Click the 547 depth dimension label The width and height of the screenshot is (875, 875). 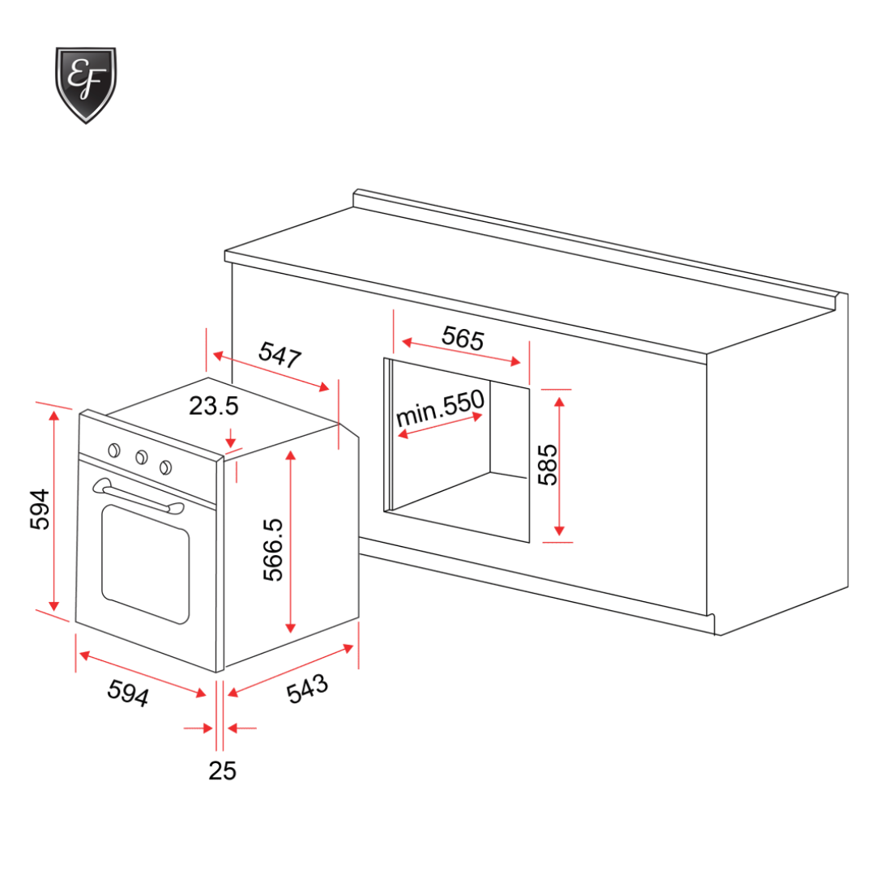point(280,356)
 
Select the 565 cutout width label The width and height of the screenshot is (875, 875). point(463,338)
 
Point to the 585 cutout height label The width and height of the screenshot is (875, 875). point(548,464)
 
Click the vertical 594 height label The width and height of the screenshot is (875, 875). point(39,510)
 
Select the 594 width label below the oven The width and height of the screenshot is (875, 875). point(128,693)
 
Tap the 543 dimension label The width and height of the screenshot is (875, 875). point(308,689)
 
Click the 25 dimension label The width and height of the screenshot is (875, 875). point(222,771)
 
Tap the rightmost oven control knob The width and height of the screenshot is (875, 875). point(166,466)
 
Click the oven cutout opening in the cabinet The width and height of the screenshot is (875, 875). point(459,454)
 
